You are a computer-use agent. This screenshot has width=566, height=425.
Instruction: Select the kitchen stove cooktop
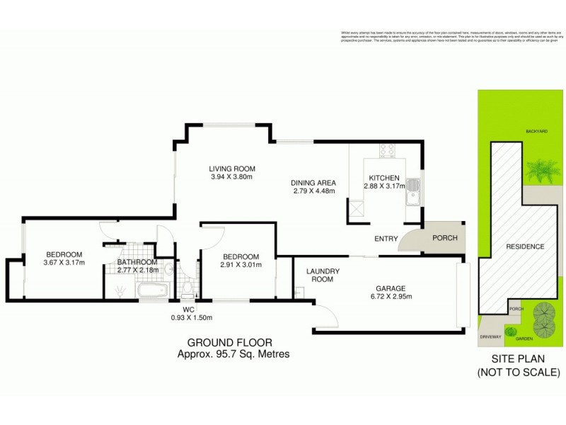coord(386,150)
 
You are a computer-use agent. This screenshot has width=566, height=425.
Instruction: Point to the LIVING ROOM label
coord(232,169)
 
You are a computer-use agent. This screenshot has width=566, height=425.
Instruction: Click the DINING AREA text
coord(313,182)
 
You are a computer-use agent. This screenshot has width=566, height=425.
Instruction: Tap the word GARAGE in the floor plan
coord(390,288)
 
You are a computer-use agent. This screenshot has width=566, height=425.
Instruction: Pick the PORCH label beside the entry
coord(444,238)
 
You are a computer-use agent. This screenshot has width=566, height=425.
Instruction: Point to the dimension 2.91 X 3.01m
coord(241,266)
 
